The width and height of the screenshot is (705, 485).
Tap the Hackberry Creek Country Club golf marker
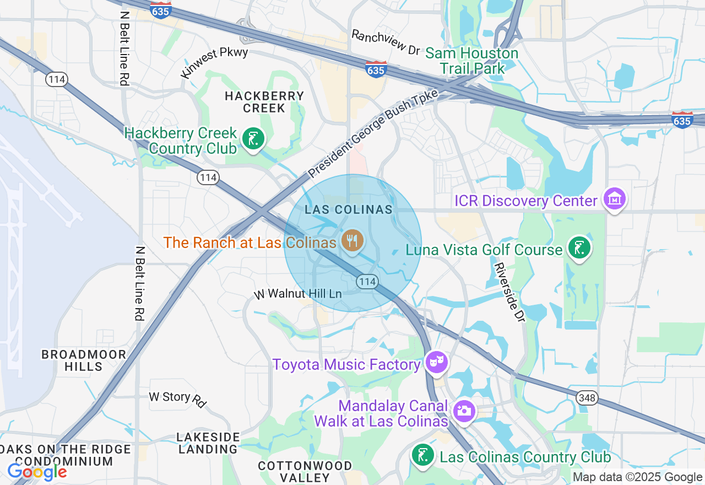[253, 139]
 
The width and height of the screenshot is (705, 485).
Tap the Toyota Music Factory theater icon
[436, 362]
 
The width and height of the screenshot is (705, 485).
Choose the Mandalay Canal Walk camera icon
[464, 411]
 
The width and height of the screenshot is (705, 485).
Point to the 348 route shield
[587, 398]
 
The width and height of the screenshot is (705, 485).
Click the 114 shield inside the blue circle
[367, 282]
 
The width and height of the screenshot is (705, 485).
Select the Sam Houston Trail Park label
[472, 61]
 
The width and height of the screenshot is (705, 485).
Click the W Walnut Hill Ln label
[297, 294]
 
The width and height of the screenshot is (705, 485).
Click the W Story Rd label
[177, 398]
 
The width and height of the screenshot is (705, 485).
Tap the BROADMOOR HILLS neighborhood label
[84, 360]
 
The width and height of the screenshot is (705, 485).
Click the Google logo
[37, 472]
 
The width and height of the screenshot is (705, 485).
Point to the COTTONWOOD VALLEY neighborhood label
[305, 472]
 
